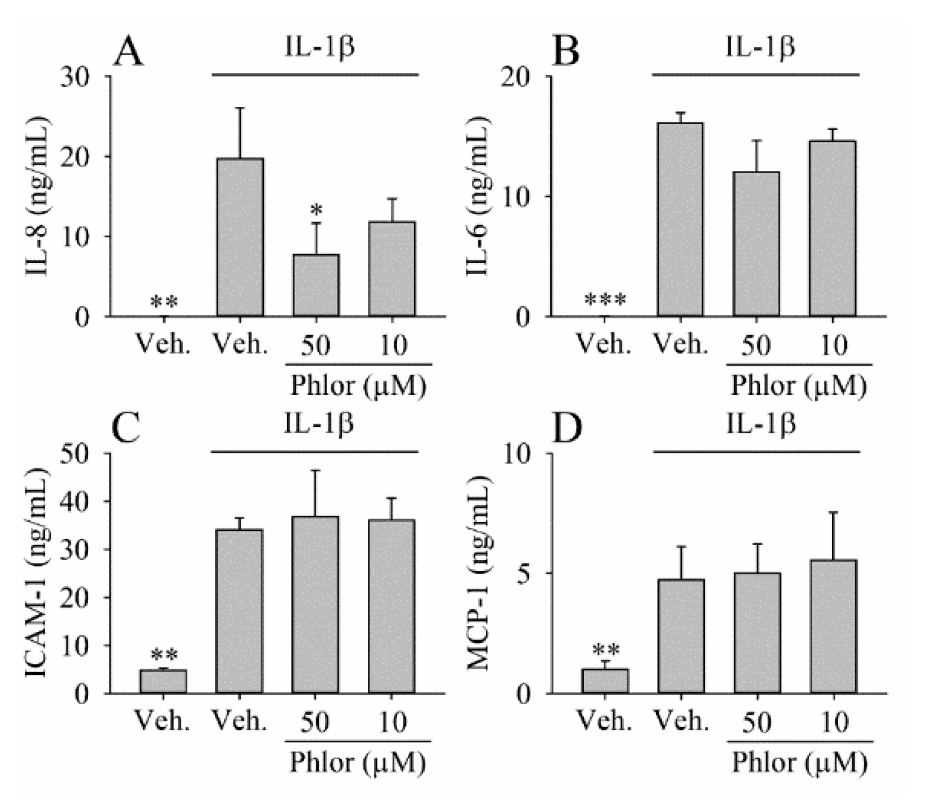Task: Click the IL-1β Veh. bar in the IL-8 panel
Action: coord(240,237)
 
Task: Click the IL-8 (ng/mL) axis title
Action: coord(38,197)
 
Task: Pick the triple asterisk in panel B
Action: coord(605,301)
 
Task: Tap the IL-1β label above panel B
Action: coord(759,47)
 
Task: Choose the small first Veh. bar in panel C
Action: coord(163,681)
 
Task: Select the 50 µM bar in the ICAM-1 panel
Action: coord(316,605)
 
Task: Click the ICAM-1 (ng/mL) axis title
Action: coord(38,574)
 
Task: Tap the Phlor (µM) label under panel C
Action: coord(357,763)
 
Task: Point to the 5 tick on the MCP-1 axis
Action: coord(524,574)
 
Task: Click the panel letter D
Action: coord(568,429)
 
